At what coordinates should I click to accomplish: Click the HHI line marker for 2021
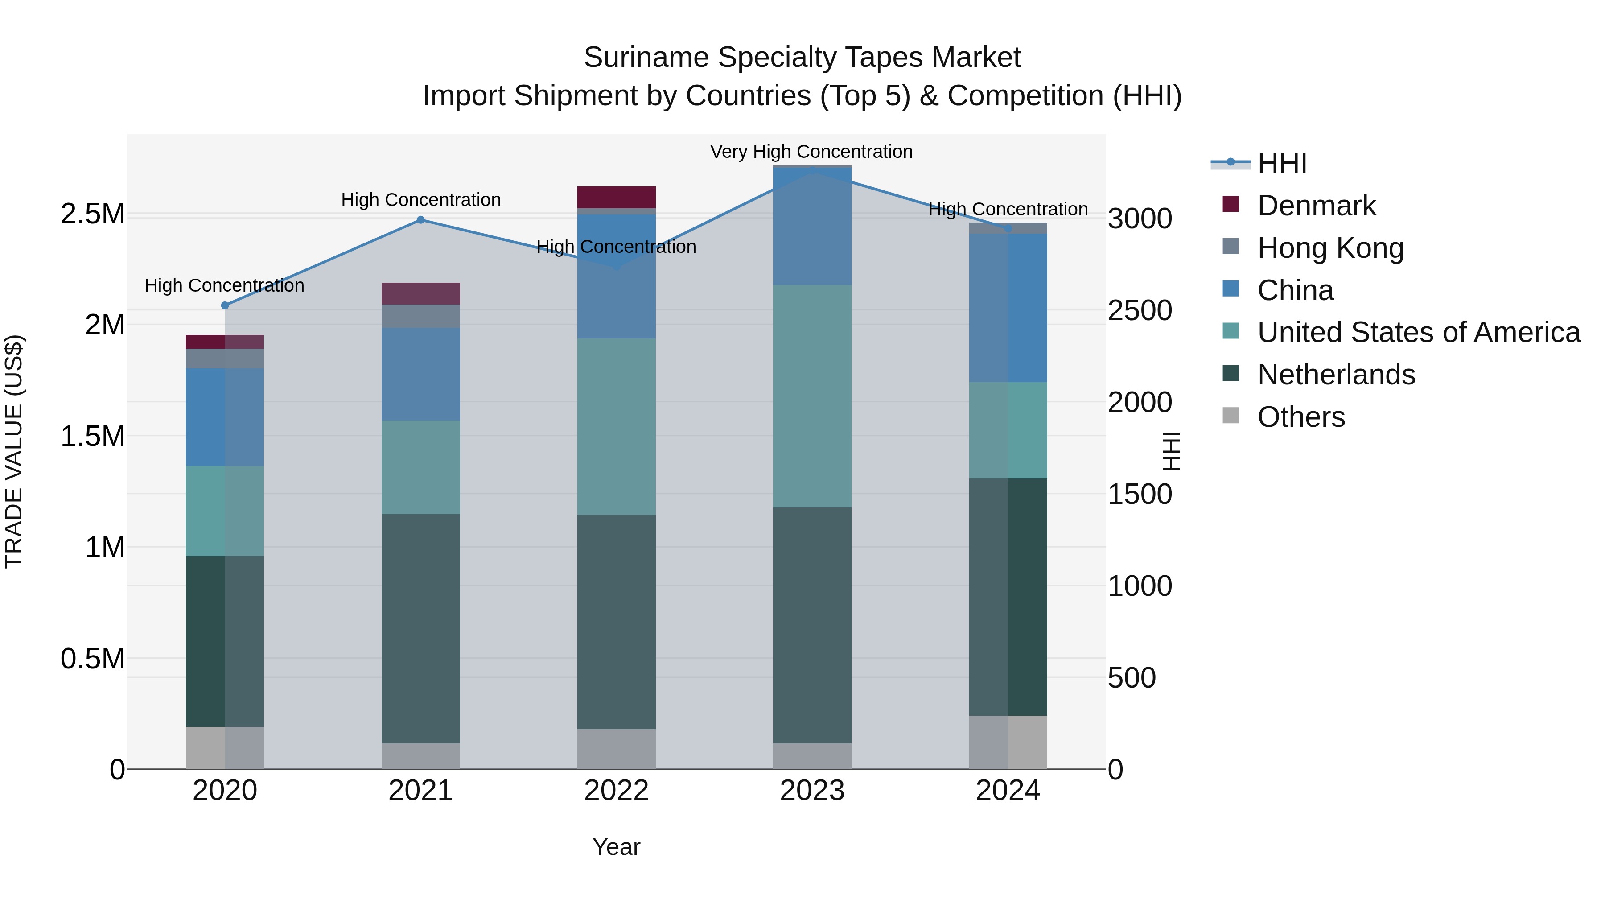point(420,220)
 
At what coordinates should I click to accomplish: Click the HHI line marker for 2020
point(225,306)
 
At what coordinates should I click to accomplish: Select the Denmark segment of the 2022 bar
point(616,197)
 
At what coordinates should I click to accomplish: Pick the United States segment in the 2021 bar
point(420,467)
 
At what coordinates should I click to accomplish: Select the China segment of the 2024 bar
point(1008,308)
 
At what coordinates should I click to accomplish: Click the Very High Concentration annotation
point(811,152)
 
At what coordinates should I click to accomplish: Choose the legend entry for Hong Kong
point(1330,248)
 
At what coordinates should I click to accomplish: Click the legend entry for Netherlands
point(1336,375)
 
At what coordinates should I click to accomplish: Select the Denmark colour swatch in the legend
point(1230,204)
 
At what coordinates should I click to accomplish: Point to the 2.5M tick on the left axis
point(92,214)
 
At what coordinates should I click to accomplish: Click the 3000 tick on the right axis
point(1140,219)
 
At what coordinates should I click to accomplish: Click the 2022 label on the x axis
point(616,791)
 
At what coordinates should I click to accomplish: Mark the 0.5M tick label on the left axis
point(92,659)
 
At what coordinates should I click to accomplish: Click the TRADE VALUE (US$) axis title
point(14,451)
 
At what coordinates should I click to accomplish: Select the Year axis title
point(616,847)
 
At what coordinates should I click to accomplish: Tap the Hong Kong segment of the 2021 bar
point(420,316)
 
